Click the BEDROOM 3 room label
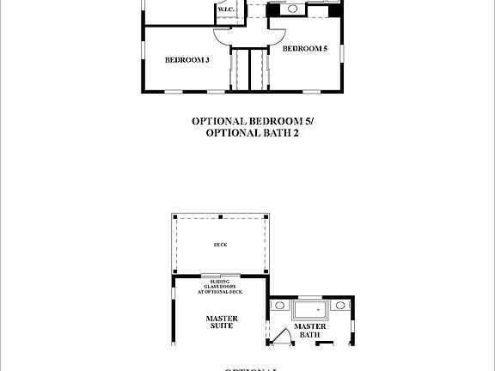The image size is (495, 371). pyautogui.click(x=186, y=60)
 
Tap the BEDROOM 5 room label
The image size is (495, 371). pyautogui.click(x=305, y=49)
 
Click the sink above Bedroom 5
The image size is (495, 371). pyautogui.click(x=293, y=9)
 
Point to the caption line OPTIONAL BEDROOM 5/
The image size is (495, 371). pyautogui.click(x=247, y=121)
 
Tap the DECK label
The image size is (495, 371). pyautogui.click(x=221, y=245)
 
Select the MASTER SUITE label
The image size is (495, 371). pyautogui.click(x=221, y=323)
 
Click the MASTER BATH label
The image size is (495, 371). pyautogui.click(x=309, y=331)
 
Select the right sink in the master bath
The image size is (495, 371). pyautogui.click(x=341, y=305)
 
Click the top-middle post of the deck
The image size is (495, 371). pyautogui.click(x=221, y=215)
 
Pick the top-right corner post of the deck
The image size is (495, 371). pyautogui.click(x=268, y=215)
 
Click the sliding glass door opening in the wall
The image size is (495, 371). pyautogui.click(x=221, y=276)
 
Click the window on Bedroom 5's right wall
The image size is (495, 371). pyautogui.click(x=341, y=52)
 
